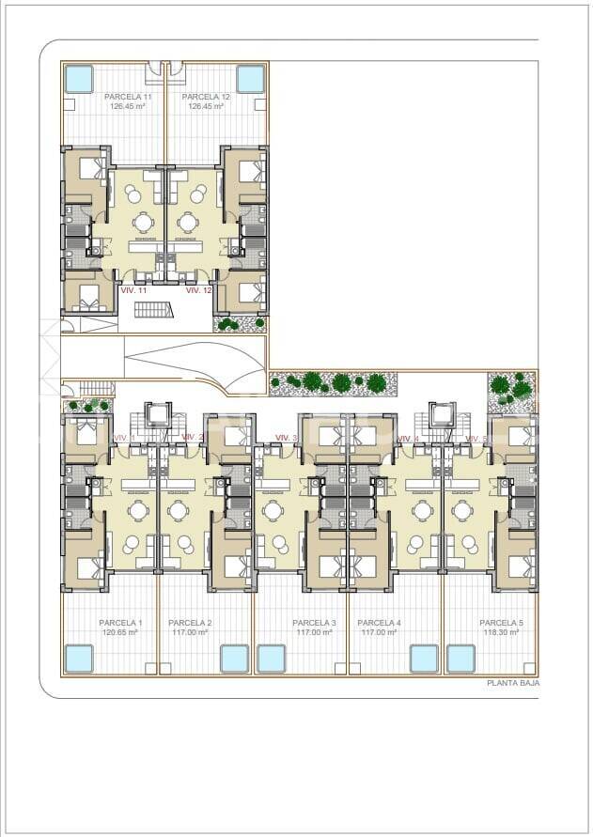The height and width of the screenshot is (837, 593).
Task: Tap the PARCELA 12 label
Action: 206,97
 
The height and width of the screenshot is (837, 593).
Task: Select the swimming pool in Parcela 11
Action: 78,78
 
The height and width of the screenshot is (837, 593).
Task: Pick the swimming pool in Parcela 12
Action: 250,78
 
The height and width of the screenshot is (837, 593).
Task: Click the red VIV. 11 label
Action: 134,291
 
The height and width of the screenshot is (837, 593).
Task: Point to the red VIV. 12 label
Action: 198,291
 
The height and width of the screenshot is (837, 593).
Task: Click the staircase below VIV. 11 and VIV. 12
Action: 154,310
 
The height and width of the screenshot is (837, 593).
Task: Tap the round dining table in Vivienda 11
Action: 143,223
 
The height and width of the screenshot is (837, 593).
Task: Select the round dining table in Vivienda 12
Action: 189,223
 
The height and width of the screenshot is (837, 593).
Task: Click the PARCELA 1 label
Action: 120,623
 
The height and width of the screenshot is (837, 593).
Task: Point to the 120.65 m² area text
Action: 120,633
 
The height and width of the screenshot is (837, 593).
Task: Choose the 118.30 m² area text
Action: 501,633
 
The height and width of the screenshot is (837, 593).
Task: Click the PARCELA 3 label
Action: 314,623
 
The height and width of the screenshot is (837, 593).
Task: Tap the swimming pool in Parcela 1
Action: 79,659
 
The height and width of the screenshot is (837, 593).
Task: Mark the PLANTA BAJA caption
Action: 512,684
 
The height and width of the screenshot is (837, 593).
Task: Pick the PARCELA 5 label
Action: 501,623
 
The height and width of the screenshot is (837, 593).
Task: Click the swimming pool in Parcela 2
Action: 234,659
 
